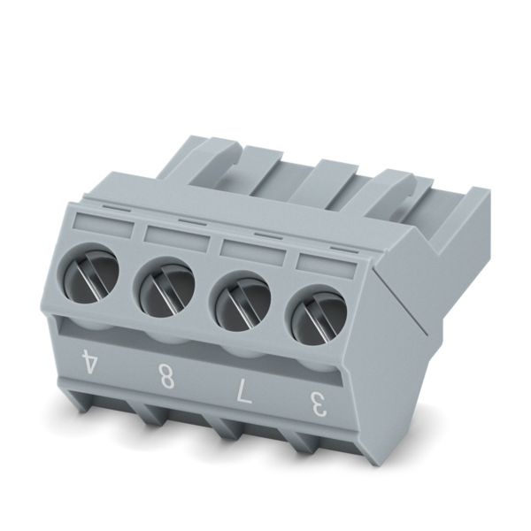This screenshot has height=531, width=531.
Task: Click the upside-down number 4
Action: (88, 361)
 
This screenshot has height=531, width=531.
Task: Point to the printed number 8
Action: (166, 376)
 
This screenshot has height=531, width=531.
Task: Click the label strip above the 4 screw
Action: (102, 225)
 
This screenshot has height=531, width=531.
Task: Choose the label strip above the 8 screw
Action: (176, 239)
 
